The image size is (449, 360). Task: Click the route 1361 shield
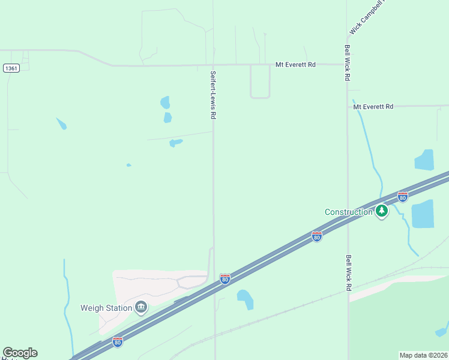pyautogui.click(x=11, y=68)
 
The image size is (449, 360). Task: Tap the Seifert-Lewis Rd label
pyautogui.click(x=213, y=95)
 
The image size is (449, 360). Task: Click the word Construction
pyautogui.click(x=349, y=212)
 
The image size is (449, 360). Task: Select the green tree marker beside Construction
pyautogui.click(x=382, y=211)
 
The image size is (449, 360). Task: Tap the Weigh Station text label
pyautogui.click(x=106, y=308)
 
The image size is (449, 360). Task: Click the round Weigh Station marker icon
pyautogui.click(x=141, y=308)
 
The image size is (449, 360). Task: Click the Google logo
pyautogui.click(x=20, y=353)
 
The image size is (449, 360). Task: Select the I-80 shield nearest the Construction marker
pyautogui.click(x=403, y=197)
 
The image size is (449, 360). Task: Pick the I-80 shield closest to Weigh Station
pyautogui.click(x=118, y=341)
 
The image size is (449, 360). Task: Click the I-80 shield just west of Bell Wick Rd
pyautogui.click(x=317, y=236)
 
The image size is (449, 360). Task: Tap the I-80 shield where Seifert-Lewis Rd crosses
pyautogui.click(x=224, y=279)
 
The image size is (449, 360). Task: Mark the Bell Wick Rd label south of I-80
pyautogui.click(x=348, y=274)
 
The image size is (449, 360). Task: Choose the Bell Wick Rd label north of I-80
pyautogui.click(x=348, y=63)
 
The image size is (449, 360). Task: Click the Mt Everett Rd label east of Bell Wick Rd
pyautogui.click(x=373, y=106)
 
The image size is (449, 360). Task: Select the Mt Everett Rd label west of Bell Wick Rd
pyautogui.click(x=295, y=64)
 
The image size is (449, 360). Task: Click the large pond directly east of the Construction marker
pyautogui.click(x=423, y=214)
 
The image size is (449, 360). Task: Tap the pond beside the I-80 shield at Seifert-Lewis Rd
pyautogui.click(x=245, y=299)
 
